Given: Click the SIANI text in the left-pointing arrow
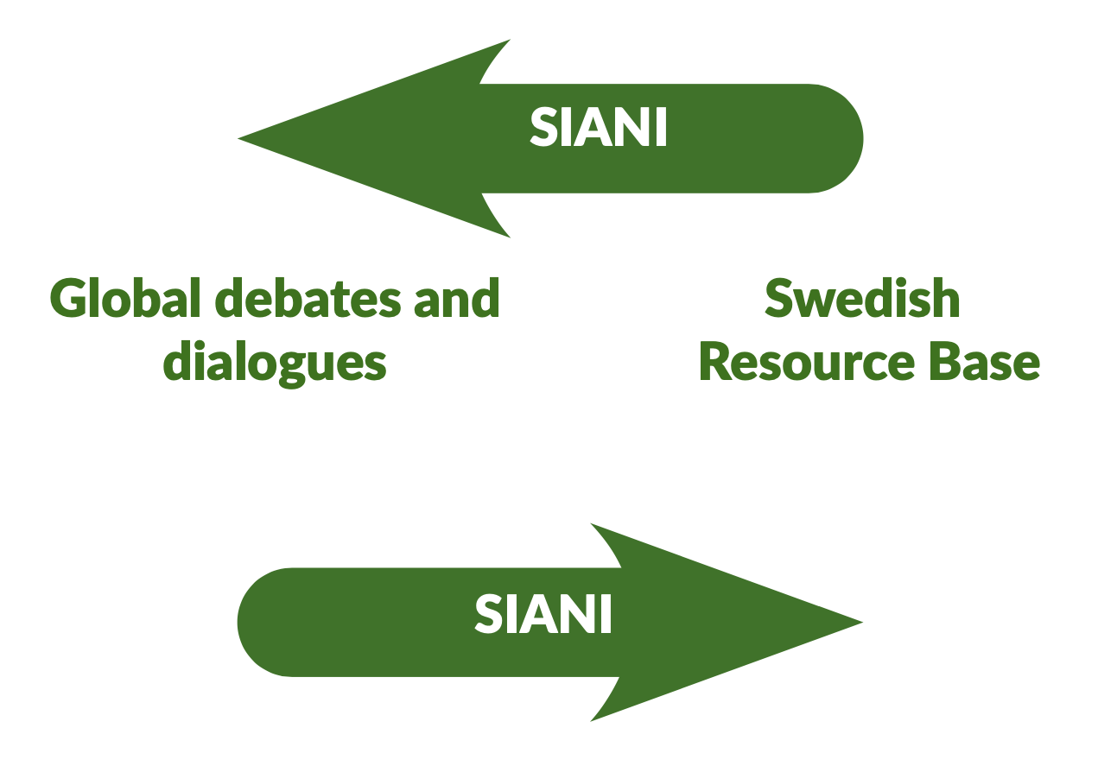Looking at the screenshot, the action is pos(598,127).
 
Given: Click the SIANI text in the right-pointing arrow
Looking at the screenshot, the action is pos(543,614).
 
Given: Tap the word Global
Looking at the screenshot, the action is pos(125,297).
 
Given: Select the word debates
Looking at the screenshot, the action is pos(308,297).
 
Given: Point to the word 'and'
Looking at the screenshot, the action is pos(457,297).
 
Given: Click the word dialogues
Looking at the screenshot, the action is pos(275,364).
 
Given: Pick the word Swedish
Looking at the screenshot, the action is pos(862,297).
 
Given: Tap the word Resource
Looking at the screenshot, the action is pos(807,362).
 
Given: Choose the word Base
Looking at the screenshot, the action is pos(984,362).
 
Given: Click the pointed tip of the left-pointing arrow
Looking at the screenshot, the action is pos(239,139).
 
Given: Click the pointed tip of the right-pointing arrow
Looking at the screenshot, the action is pos(861,623).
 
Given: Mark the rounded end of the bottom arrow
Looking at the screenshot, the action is pos(238,623).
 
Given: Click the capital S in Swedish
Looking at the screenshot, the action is pos(780,297).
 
